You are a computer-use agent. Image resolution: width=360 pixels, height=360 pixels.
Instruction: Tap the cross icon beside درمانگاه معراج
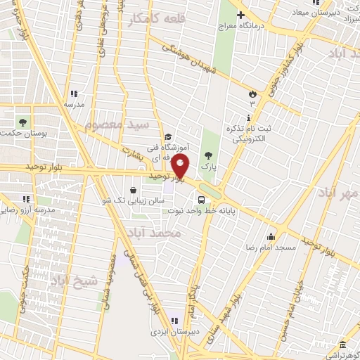[x=241, y=15]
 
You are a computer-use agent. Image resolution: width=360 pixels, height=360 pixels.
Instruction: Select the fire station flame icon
[x=252, y=94]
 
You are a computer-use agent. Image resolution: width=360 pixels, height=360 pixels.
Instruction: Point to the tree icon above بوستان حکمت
[x=24, y=121]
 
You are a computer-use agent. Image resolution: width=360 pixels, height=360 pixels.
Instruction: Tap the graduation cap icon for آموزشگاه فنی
[x=168, y=137]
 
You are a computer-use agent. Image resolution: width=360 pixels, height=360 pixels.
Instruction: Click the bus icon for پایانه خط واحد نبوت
[x=202, y=198]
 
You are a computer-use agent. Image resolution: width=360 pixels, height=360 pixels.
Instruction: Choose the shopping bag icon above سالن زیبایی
[x=133, y=189]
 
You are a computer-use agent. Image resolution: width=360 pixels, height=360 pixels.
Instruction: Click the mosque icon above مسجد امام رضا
[x=271, y=236]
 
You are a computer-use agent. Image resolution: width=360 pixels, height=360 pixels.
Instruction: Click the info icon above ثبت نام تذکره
[x=250, y=118]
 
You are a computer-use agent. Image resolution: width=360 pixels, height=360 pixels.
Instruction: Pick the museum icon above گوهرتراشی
[x=342, y=345]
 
